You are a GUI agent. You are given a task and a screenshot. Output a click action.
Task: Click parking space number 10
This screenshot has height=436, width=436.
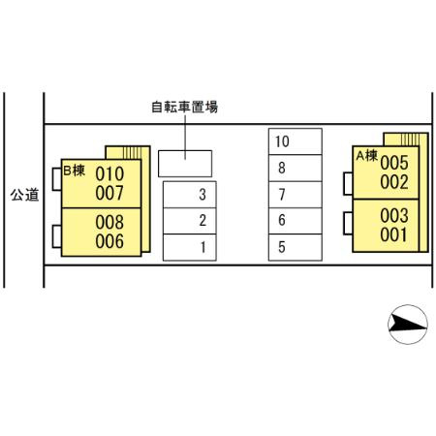(296, 141)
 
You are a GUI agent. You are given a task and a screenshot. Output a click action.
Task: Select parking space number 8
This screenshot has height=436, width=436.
(296, 168)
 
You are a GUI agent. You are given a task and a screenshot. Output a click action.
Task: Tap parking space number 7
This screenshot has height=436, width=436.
(296, 195)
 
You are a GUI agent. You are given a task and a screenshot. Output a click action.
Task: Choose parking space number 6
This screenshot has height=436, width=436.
(296, 221)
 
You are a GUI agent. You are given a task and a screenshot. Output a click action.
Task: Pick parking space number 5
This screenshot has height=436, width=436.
(296, 247)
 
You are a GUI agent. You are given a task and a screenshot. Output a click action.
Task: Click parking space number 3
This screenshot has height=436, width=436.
(190, 195)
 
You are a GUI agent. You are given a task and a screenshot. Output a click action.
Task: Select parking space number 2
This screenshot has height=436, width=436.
(190, 221)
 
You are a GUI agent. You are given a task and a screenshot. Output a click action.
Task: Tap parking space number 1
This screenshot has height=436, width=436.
(190, 247)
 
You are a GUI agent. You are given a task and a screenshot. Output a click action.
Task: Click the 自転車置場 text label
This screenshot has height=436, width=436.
(185, 107)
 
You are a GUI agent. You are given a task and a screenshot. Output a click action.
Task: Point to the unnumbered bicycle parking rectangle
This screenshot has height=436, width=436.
(185, 164)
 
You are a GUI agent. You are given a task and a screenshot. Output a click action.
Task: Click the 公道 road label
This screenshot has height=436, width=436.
(24, 195)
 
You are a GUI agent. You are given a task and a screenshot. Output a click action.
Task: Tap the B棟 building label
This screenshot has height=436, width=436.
(75, 171)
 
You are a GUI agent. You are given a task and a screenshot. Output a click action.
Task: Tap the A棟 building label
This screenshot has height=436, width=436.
(367, 156)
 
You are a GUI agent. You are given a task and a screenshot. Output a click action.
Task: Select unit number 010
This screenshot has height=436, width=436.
(109, 173)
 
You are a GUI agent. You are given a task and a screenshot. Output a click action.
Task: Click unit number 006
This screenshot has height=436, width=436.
(109, 241)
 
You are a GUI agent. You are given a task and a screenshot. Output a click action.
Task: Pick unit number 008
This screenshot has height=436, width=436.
(109, 222)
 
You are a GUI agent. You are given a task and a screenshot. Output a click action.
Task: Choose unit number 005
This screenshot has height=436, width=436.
(394, 163)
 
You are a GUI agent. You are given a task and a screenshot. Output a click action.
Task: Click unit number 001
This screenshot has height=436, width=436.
(394, 234)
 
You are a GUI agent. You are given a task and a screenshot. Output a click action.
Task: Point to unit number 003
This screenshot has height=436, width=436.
(394, 215)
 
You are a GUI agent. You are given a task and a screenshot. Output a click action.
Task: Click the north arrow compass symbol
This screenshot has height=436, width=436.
(408, 325)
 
